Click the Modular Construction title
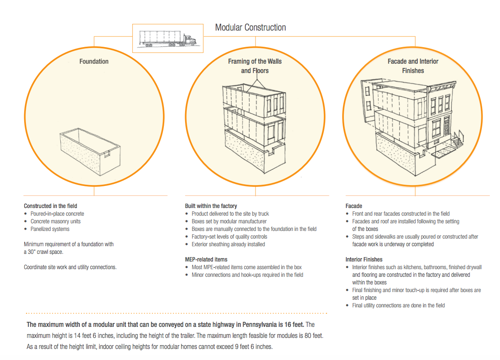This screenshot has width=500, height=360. [x=250, y=28]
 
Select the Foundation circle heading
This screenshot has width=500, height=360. [x=94, y=62]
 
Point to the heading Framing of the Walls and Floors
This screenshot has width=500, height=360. [x=255, y=66]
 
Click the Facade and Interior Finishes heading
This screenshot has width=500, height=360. [x=413, y=66]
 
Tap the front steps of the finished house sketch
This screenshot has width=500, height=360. [x=458, y=140]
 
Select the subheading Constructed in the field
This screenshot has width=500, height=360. [x=51, y=206]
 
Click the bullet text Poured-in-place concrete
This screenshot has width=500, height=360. [x=57, y=214]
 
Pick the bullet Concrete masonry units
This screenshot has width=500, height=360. [x=56, y=221]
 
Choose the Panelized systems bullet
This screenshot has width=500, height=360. [x=50, y=229]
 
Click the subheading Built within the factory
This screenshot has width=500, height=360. [x=211, y=206]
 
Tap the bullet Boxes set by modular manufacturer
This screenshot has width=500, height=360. [x=229, y=221]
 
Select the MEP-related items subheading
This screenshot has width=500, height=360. [x=206, y=259]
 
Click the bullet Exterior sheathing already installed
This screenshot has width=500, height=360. [x=228, y=244]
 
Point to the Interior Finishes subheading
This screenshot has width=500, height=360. [x=364, y=259]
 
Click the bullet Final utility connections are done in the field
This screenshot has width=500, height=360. [x=399, y=305]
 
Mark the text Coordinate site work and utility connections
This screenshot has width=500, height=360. [x=70, y=267]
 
